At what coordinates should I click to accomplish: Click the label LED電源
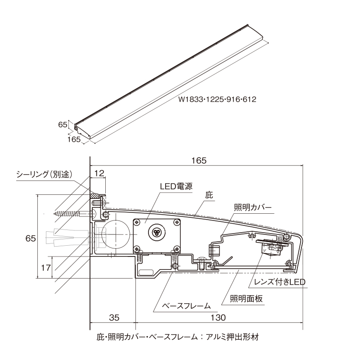click(176, 185)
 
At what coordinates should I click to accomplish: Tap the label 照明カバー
click(252, 207)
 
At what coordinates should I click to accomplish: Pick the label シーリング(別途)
click(44, 174)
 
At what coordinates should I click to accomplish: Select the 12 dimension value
click(99, 173)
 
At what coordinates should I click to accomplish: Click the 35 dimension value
click(114, 318)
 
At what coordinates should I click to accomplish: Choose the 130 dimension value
click(218, 318)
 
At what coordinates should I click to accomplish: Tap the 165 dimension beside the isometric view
click(74, 140)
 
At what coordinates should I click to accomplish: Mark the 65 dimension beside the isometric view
click(62, 125)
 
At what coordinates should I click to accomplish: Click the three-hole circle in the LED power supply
click(156, 232)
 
